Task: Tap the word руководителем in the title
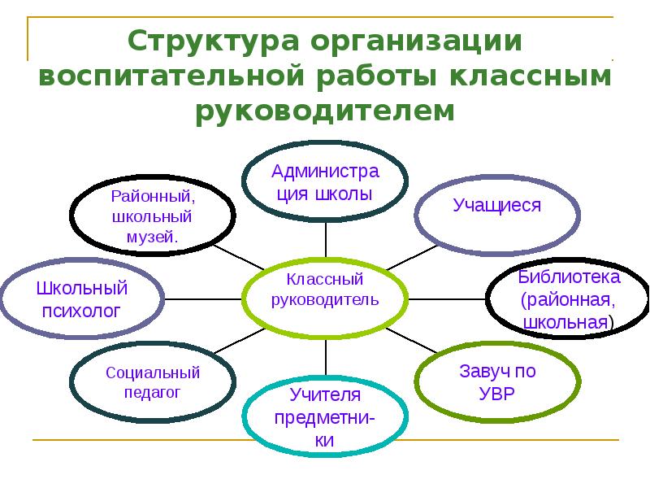tap(324, 110)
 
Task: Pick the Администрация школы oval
tap(326, 184)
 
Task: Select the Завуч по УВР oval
tap(497, 382)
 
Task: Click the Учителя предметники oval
tap(326, 418)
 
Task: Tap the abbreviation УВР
tap(497, 393)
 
